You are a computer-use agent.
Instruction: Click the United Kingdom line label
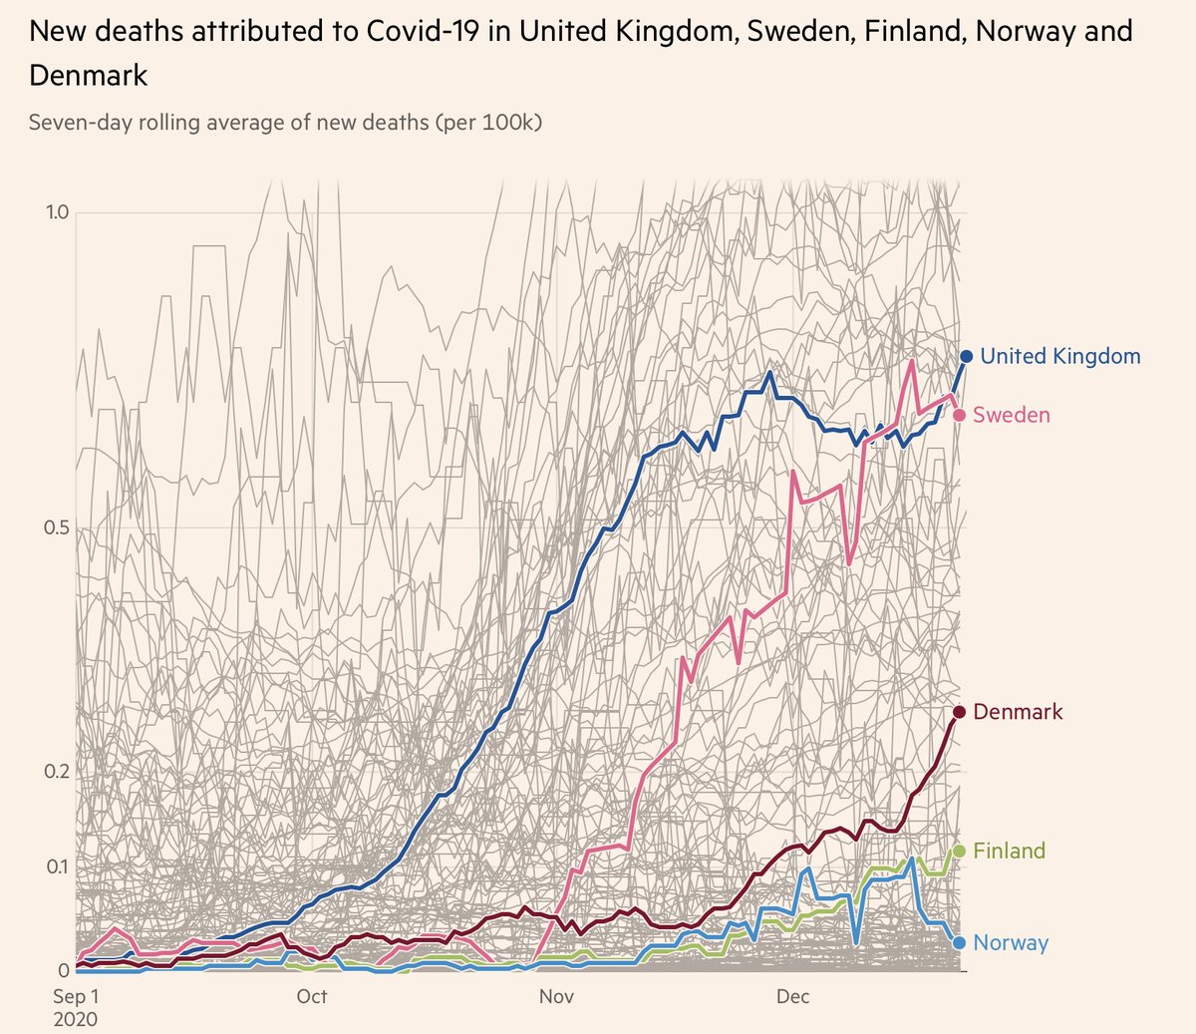pyautogui.click(x=1059, y=356)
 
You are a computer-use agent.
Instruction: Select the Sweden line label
pyautogui.click(x=1011, y=415)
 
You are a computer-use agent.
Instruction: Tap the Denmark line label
pyautogui.click(x=1018, y=712)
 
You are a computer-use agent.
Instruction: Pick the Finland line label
pyautogui.click(x=1009, y=851)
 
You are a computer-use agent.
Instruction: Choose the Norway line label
pyautogui.click(x=1011, y=942)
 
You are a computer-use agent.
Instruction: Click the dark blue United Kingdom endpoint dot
pyautogui.click(x=966, y=357)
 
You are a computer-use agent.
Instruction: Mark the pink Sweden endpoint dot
pyautogui.click(x=959, y=415)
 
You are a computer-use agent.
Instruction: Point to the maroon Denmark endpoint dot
pyautogui.click(x=959, y=712)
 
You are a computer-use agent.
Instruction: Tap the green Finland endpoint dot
pyautogui.click(x=959, y=851)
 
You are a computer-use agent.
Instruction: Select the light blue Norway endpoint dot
pyautogui.click(x=959, y=942)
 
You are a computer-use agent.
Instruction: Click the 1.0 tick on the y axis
pyautogui.click(x=56, y=212)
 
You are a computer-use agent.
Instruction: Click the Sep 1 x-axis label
pyautogui.click(x=76, y=996)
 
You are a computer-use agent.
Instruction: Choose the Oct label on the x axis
pyautogui.click(x=312, y=996)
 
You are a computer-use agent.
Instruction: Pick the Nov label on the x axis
pyautogui.click(x=556, y=996)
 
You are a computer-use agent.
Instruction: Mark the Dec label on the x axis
pyautogui.click(x=792, y=996)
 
